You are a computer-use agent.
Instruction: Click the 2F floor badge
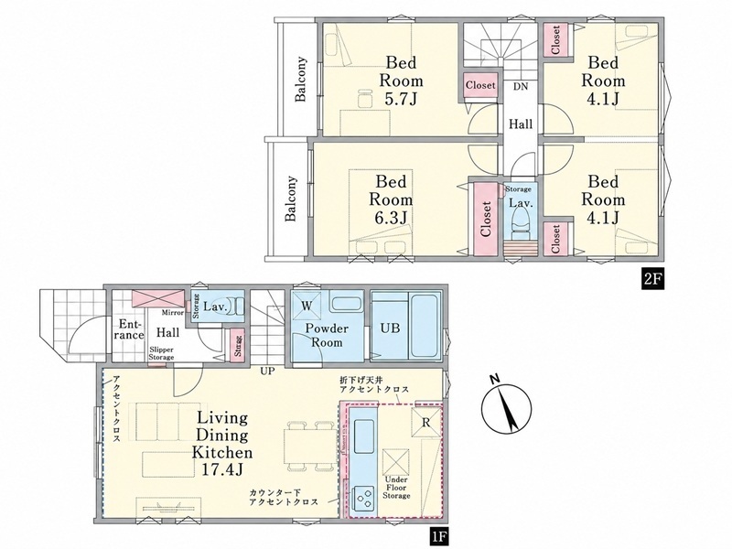point(652,279)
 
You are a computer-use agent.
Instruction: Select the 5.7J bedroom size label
point(401,99)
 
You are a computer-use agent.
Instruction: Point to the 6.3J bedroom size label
point(391,218)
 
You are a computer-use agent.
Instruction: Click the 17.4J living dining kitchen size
point(222,469)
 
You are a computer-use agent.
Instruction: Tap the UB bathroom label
point(390,328)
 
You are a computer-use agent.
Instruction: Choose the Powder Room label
point(327,335)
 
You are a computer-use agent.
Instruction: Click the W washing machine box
point(307,306)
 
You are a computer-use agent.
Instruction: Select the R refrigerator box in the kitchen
point(425,423)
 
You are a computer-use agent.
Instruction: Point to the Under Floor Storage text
point(396,488)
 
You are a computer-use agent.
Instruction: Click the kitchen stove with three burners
point(364,499)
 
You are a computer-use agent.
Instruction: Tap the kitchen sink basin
point(363,436)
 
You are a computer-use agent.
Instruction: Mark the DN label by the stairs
point(521,86)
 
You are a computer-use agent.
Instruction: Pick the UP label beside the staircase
point(268,371)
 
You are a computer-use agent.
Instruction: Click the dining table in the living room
point(310,446)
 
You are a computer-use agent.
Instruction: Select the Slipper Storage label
point(162,353)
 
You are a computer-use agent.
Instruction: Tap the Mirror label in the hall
point(173,312)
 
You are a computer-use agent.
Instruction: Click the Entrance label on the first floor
point(130,329)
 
